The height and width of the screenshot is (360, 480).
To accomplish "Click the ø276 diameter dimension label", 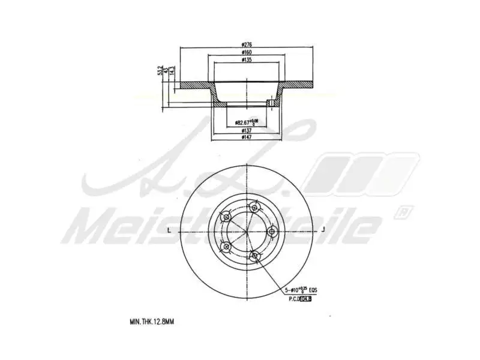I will [245, 44].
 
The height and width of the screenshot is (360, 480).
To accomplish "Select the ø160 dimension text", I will [245, 52].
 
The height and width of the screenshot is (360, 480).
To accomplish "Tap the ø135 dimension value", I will [245, 59].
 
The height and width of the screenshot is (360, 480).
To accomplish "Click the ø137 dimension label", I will [245, 131].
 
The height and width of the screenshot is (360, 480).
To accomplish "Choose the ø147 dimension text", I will [245, 137].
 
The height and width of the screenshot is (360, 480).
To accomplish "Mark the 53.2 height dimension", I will [160, 71].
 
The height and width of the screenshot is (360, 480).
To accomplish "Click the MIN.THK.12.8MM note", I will [151, 322].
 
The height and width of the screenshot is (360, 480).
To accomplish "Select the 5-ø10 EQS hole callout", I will [300, 290].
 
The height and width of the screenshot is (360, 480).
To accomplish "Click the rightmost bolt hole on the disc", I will [271, 230].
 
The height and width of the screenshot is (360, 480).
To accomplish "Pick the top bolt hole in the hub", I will [254, 208].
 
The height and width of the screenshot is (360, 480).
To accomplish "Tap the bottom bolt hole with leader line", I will [254, 256].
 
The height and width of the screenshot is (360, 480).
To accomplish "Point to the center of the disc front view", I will [246, 231].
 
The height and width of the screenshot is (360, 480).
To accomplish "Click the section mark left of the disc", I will [170, 230].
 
